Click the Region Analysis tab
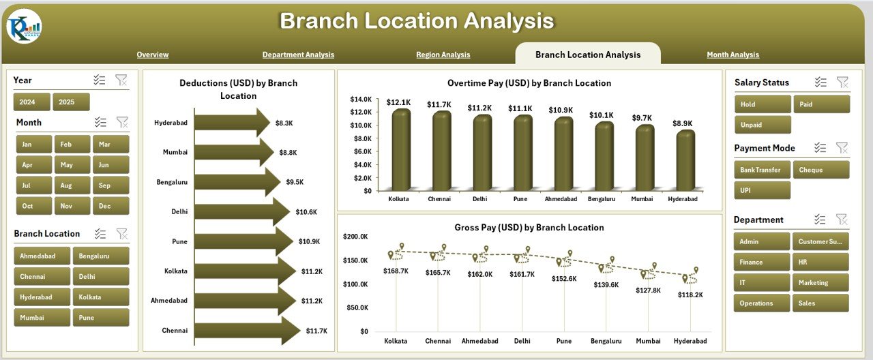tap(443, 55)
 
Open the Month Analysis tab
tap(733, 55)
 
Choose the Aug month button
tap(66, 185)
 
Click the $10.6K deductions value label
tap(306, 212)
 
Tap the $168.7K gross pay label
tap(396, 271)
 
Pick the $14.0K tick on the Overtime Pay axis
tap(361, 100)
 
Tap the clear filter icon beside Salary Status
tap(842, 82)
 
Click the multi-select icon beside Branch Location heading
tap(100, 234)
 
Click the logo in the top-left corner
tap(24, 26)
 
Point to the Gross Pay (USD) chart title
tap(529, 228)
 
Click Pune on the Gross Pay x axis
tap(564, 341)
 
